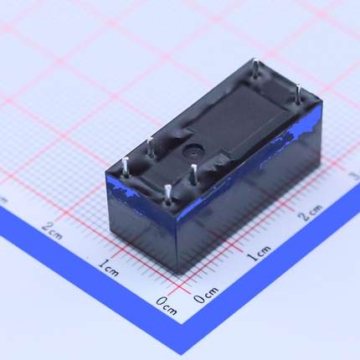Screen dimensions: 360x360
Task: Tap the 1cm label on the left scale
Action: [x=109, y=268]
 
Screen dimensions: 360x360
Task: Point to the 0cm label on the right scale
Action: [x=206, y=295]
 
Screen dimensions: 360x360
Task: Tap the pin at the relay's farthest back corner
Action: [x=254, y=67]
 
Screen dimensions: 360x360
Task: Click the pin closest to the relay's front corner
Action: [x=167, y=193]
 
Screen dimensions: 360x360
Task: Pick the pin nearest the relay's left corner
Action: [x=124, y=165]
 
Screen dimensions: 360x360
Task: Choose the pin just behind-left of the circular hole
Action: [x=151, y=147]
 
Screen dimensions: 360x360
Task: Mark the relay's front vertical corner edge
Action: [x=176, y=239]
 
